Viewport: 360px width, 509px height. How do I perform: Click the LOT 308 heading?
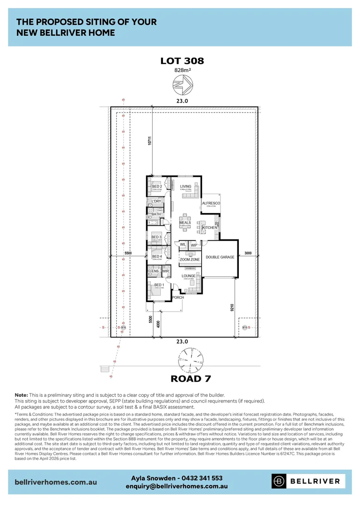(x=182, y=61)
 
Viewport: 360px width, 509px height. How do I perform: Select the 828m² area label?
(x=182, y=71)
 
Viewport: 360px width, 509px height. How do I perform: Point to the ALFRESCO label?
(x=211, y=203)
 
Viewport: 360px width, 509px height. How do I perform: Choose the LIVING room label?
(x=186, y=186)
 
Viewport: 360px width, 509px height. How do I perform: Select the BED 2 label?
(x=157, y=186)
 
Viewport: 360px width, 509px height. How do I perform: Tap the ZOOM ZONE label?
(x=189, y=260)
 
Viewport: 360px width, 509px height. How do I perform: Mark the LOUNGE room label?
(x=188, y=276)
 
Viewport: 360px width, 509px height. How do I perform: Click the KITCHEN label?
(x=210, y=228)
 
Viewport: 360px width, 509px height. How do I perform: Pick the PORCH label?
(x=178, y=297)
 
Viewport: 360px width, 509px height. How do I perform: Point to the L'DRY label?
(x=156, y=201)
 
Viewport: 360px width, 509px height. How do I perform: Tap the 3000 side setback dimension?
(x=248, y=254)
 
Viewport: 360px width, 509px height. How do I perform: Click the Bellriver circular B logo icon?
(x=279, y=481)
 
